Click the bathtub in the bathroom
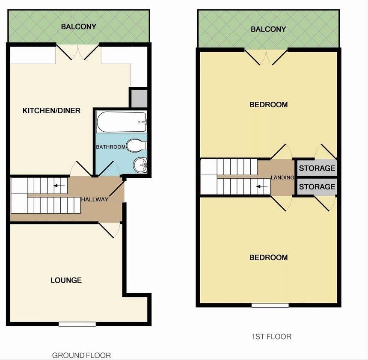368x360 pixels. point(122,122)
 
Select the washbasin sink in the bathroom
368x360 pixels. point(140,165)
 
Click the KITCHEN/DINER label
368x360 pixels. point(51,110)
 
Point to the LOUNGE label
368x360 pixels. point(66,280)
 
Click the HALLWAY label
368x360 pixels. point(95,199)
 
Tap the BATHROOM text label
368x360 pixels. point(111,147)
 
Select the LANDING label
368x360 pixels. point(282,177)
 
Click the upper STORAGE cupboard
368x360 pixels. point(317,168)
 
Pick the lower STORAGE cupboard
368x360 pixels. point(317,187)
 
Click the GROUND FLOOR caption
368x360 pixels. point(81,355)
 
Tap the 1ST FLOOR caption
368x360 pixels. point(272,336)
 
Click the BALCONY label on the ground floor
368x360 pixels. point(79,27)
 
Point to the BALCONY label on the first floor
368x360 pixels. point(268,29)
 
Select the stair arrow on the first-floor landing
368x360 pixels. point(262,187)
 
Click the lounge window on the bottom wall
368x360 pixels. point(77,324)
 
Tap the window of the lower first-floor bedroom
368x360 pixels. point(270,305)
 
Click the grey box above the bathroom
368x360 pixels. point(139,98)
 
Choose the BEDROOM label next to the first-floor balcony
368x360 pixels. point(268,104)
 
